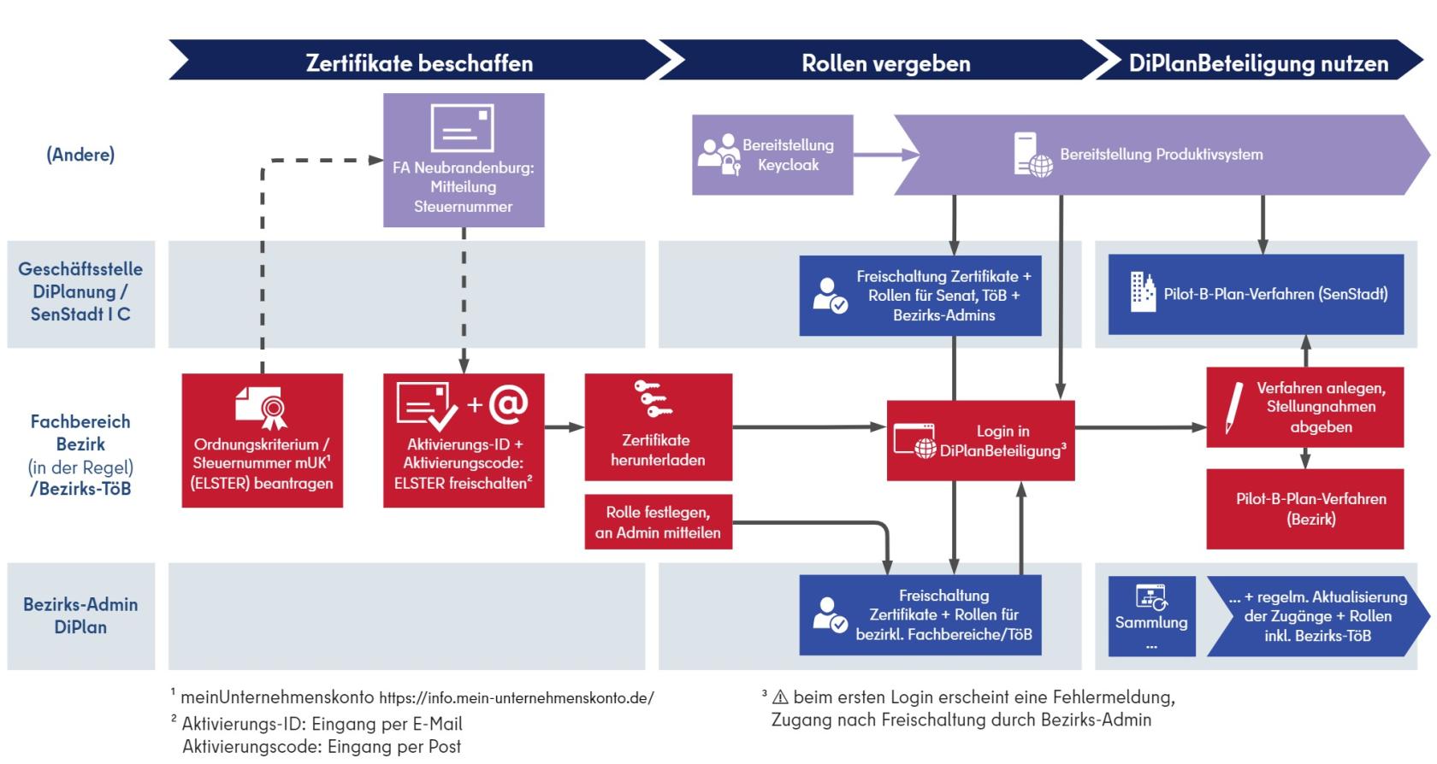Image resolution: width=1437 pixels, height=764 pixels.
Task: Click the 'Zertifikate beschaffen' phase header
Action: click(419, 63)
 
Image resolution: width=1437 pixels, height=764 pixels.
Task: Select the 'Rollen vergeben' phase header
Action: click(885, 63)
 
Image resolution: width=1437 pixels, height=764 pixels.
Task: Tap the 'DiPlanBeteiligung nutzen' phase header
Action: click(1257, 63)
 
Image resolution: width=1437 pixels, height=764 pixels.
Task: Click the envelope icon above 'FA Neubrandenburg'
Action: click(463, 127)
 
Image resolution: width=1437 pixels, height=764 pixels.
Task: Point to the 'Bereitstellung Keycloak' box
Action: click(772, 155)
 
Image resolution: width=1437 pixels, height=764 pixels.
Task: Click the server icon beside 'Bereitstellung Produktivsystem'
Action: click(1032, 155)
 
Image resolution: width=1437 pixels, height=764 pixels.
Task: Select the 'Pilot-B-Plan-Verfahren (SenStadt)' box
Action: click(1256, 294)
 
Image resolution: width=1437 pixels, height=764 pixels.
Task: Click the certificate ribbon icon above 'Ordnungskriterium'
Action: click(262, 408)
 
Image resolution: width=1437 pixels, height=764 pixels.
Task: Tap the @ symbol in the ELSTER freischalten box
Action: click(508, 403)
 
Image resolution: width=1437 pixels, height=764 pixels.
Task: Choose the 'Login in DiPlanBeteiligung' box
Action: click(980, 440)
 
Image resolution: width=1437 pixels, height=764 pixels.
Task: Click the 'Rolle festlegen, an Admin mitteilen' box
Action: click(658, 522)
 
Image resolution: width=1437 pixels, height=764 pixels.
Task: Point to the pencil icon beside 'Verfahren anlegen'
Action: click(1233, 407)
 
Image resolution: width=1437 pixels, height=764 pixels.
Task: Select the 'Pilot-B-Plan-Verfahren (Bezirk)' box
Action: click(1304, 508)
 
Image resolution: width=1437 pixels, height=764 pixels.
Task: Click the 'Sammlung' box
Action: click(1151, 616)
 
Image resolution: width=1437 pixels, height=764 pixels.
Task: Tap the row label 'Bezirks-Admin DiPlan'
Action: click(80, 615)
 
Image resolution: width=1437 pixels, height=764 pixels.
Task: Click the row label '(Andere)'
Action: click(80, 155)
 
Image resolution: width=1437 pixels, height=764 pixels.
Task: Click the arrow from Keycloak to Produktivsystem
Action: click(884, 155)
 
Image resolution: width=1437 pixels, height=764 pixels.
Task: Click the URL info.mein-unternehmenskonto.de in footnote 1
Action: click(516, 698)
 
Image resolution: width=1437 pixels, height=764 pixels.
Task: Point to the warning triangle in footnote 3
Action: click(780, 697)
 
